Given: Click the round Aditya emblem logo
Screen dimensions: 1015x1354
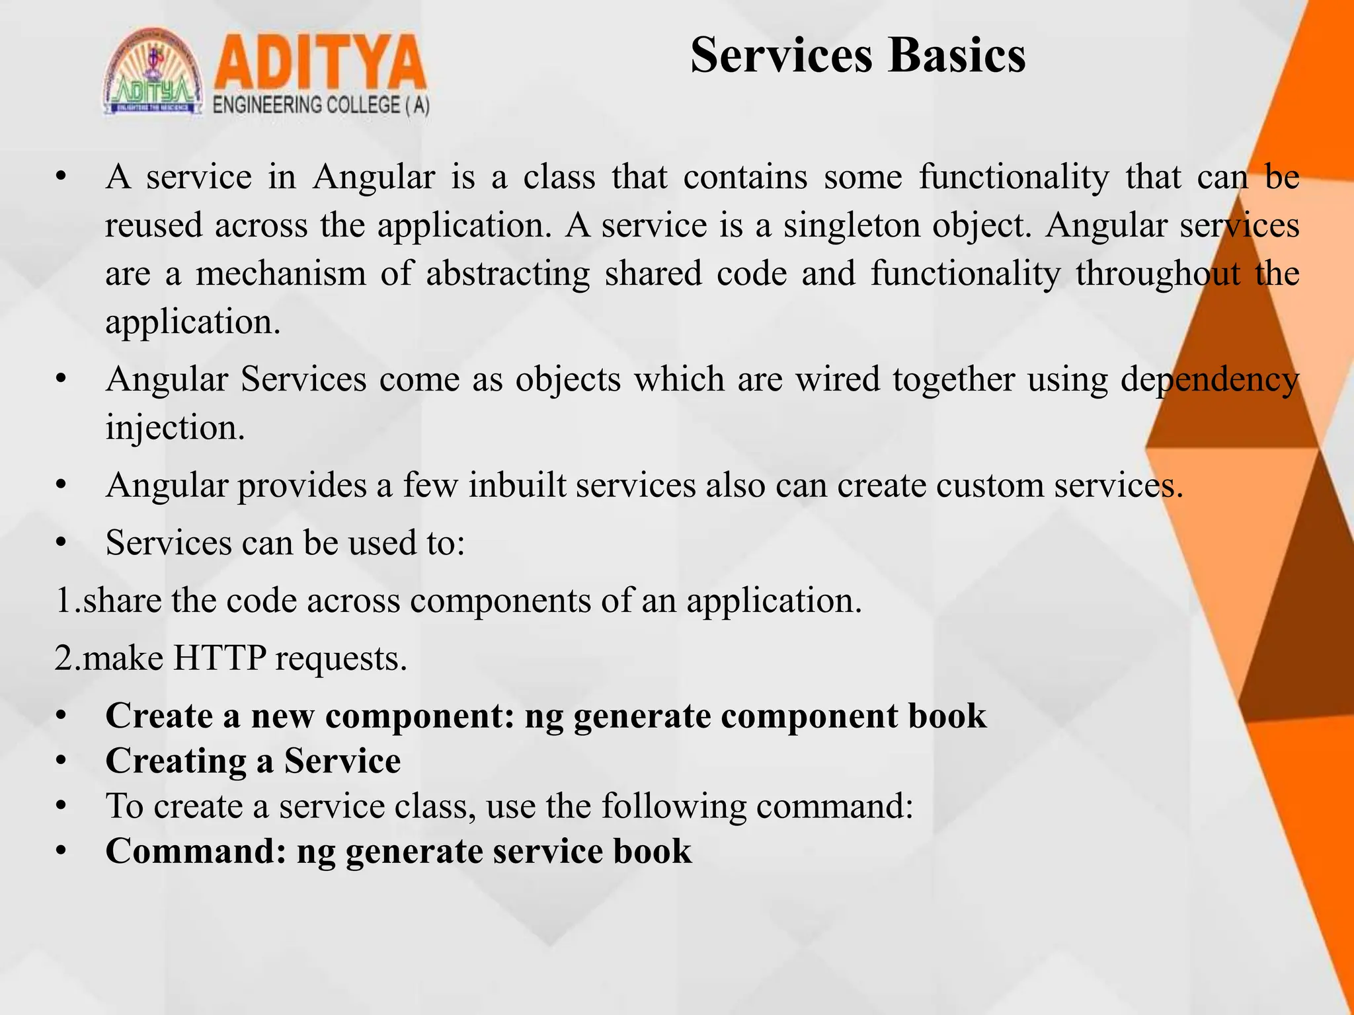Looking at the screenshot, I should pos(153,73).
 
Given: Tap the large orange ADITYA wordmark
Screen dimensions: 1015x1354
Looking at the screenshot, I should pos(320,64).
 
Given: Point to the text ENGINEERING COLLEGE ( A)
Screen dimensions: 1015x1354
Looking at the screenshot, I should pos(321,106).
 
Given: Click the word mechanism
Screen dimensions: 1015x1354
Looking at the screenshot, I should pos(281,274).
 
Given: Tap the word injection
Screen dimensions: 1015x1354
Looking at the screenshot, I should pos(175,428).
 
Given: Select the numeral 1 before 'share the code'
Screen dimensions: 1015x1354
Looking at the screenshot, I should pos(63,601).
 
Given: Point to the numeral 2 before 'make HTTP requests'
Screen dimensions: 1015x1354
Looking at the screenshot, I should pos(64,658).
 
